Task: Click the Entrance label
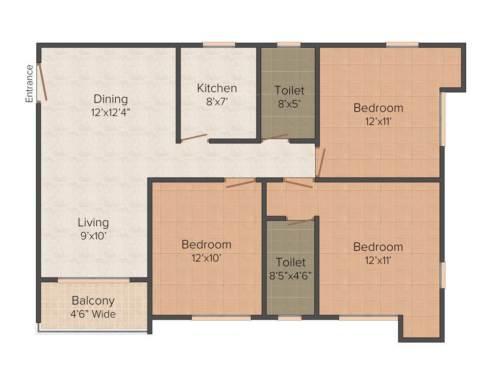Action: (29, 83)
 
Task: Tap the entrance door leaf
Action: (43, 82)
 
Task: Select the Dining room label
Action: (111, 99)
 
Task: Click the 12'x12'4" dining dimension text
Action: (111, 112)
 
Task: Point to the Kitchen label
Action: (217, 88)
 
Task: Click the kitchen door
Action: (194, 138)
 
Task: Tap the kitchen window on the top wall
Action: (219, 45)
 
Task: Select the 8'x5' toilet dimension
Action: (289, 103)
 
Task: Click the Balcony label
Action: (93, 300)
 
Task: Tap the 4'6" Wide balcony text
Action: (93, 314)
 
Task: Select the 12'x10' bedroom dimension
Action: (206, 257)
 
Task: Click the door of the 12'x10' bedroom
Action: (240, 184)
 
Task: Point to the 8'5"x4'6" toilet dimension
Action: (291, 275)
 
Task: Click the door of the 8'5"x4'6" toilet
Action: (301, 222)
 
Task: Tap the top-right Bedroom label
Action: (378, 108)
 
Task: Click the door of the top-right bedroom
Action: (321, 162)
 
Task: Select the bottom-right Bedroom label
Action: (378, 247)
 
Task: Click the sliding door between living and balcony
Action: (94, 280)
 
